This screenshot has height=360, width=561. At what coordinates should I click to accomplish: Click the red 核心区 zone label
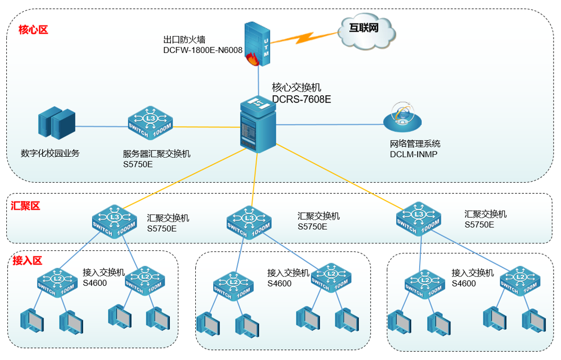33,30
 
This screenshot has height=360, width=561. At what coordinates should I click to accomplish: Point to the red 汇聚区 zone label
25,206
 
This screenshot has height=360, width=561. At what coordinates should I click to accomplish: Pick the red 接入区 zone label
27,260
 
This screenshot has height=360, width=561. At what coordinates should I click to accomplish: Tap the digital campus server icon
57,123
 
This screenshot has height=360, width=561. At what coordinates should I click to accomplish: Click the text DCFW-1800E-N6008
203,50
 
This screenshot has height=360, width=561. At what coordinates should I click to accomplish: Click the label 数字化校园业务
50,154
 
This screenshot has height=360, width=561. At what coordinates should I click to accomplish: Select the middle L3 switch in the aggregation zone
249,221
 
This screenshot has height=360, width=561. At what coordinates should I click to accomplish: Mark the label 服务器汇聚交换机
157,154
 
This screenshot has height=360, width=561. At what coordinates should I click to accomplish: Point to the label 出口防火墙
184,39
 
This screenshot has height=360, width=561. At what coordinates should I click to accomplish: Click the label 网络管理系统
415,144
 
